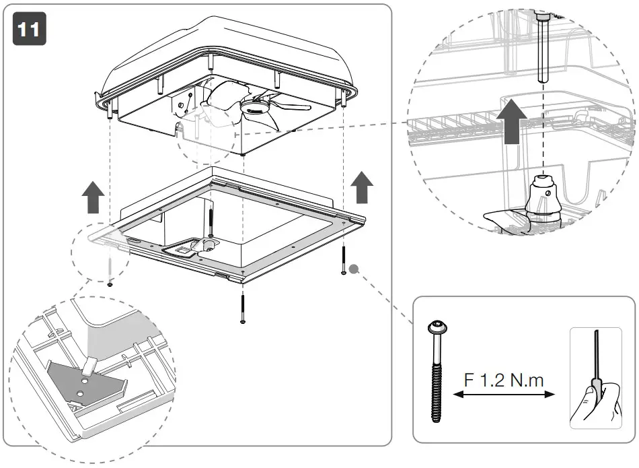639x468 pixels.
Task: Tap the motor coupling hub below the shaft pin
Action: click(x=543, y=196)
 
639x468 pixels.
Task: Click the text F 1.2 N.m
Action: click(x=504, y=380)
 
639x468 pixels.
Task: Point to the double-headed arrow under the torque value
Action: click(x=504, y=397)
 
